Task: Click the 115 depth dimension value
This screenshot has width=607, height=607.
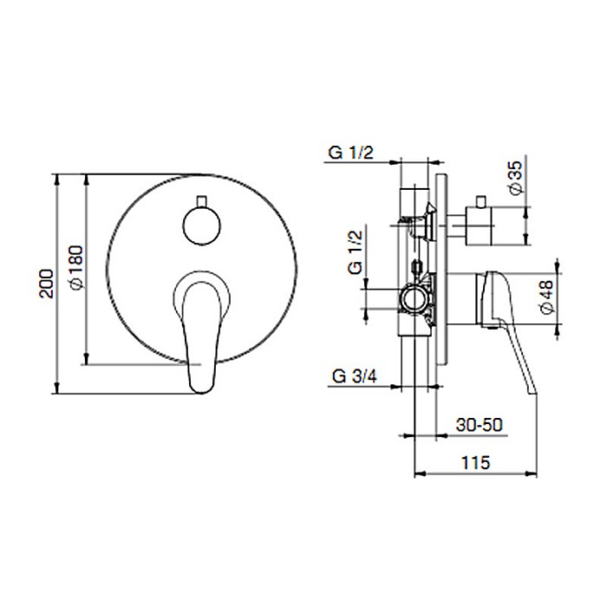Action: click(x=477, y=462)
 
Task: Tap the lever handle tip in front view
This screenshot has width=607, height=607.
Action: click(x=202, y=382)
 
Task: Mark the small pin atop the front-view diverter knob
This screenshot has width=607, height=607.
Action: click(x=202, y=199)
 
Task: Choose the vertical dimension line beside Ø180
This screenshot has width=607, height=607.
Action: click(x=87, y=269)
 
